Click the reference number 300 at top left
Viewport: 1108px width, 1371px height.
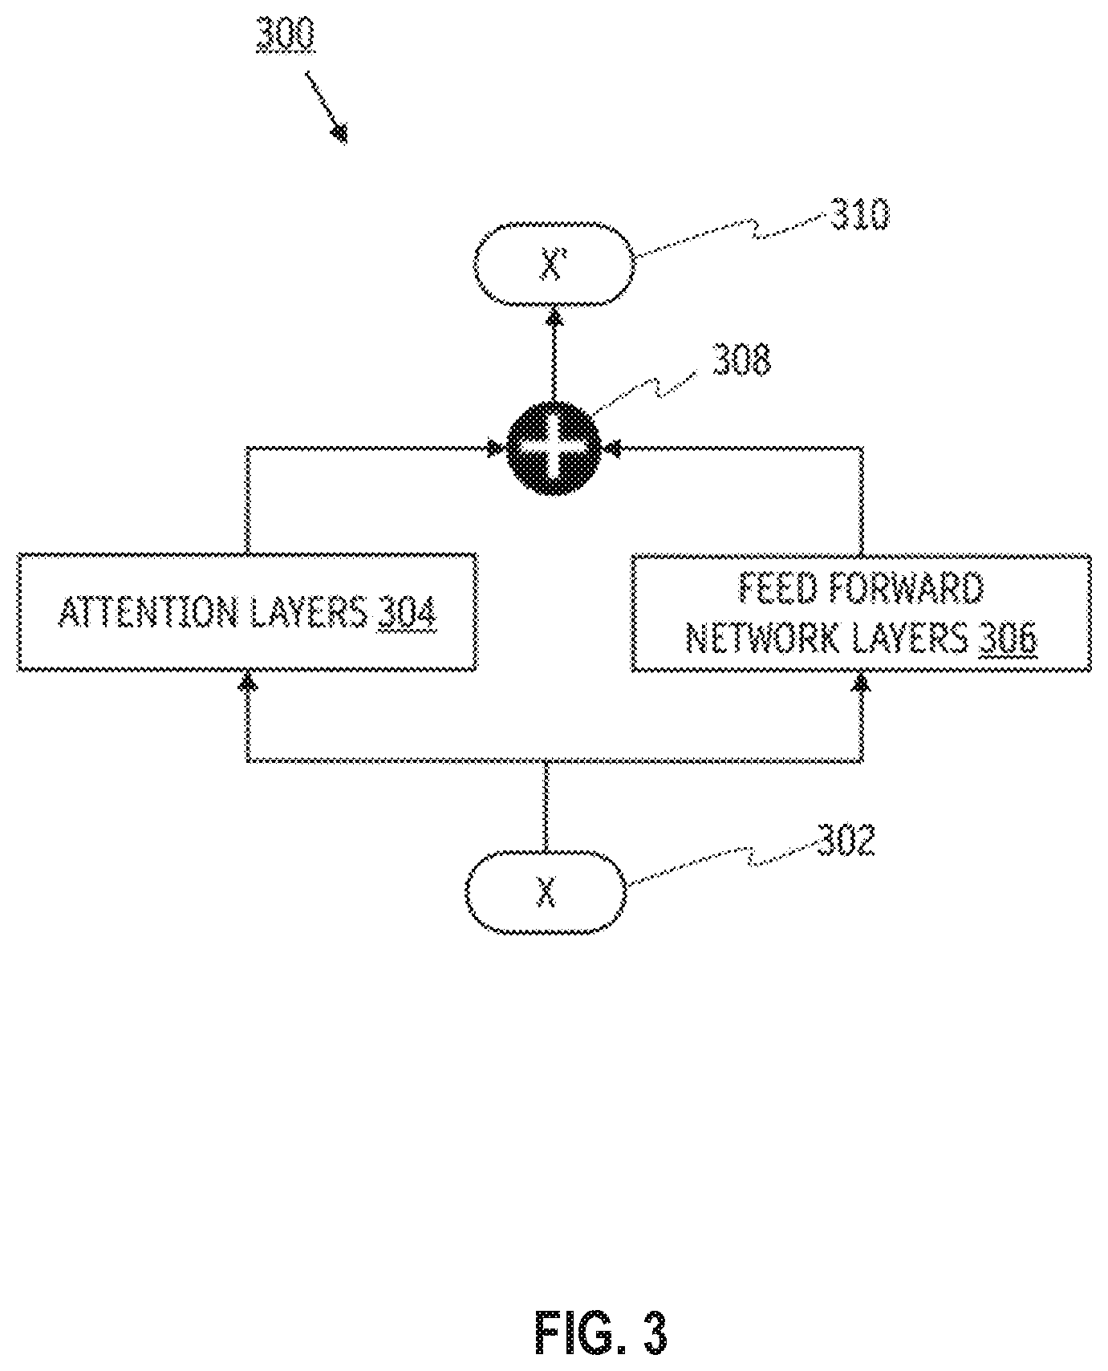pos(285,36)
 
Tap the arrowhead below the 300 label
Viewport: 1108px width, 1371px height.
pos(339,132)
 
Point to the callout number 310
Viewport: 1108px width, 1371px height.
pos(859,215)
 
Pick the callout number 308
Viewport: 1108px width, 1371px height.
pos(741,360)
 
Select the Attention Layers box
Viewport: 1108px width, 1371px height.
pos(247,611)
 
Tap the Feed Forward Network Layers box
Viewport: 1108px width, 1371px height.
pos(861,613)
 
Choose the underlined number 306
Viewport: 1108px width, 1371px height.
pos(1008,639)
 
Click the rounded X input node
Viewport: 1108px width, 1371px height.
pos(546,891)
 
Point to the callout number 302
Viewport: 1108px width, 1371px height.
pos(846,840)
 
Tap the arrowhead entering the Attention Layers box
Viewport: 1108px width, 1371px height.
pos(249,682)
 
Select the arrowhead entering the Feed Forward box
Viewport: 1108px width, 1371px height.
pos(862,683)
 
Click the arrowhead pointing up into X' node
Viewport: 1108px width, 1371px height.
pos(554,318)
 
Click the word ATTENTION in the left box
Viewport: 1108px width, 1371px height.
pos(148,614)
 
